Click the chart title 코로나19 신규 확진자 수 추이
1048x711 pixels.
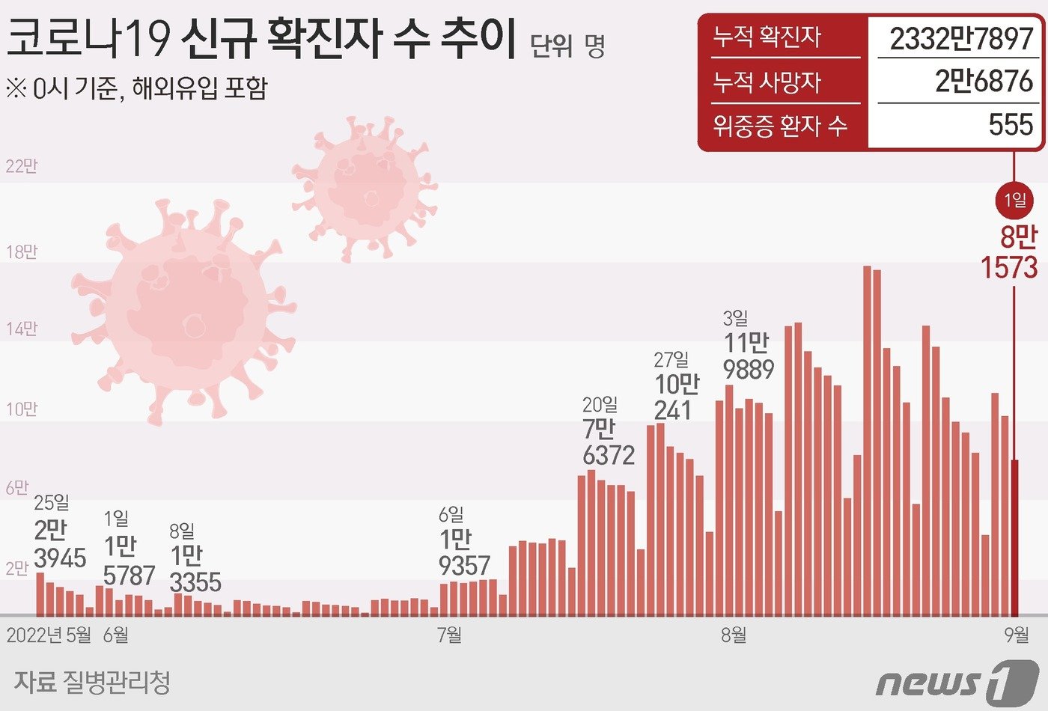pyautogui.click(x=261, y=40)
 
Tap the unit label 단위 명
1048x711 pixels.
pyautogui.click(x=567, y=46)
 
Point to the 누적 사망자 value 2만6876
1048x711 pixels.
pyautogui.click(x=984, y=81)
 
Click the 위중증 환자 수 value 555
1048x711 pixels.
pyautogui.click(x=1011, y=124)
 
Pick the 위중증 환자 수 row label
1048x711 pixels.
pyautogui.click(x=779, y=125)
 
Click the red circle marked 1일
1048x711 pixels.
pyautogui.click(x=1014, y=200)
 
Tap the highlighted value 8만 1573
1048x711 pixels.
pyautogui.click(x=1010, y=253)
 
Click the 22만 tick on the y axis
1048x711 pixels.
pyautogui.click(x=21, y=166)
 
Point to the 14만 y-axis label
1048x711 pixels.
pyautogui.click(x=21, y=329)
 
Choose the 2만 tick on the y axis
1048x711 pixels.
pyautogui.click(x=16, y=568)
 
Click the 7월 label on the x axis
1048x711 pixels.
pyautogui.click(x=449, y=635)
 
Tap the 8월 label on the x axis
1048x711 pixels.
pyautogui.click(x=734, y=635)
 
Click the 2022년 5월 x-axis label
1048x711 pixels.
pyautogui.click(x=49, y=635)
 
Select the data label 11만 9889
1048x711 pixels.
pyautogui.click(x=748, y=355)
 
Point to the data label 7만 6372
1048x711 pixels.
pyautogui.click(x=608, y=442)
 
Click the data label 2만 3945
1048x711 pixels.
pyautogui.click(x=59, y=544)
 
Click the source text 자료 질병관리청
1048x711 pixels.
pyautogui.click(x=92, y=682)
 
